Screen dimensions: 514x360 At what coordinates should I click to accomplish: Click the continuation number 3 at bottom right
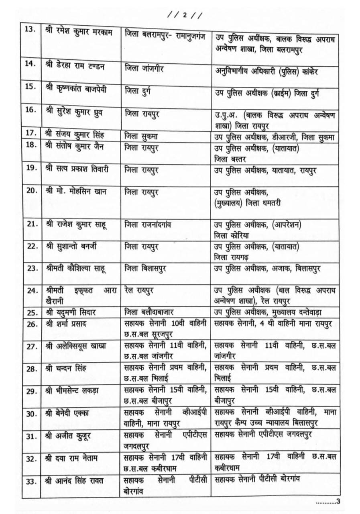338,501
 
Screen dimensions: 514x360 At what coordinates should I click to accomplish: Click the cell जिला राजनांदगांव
148,224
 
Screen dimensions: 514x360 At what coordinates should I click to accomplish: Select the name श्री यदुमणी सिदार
72,312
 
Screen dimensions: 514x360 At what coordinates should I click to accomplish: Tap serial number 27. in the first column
31,346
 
